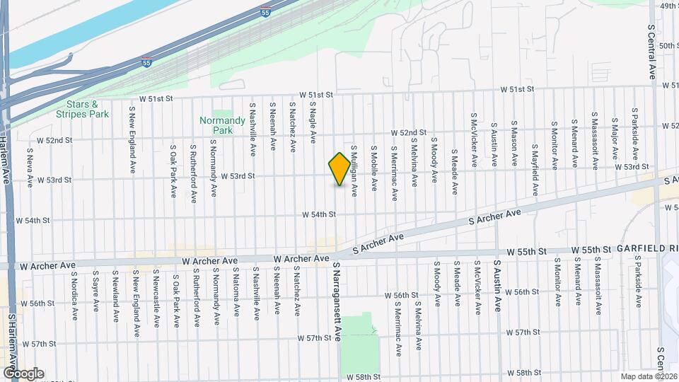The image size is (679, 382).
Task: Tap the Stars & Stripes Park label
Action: [83, 109]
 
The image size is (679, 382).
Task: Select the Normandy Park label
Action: [216, 125]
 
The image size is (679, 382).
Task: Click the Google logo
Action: [23, 373]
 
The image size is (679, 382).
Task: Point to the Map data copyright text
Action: [648, 376]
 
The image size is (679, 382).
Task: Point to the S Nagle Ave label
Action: [312, 118]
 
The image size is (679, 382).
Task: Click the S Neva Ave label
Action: [30, 167]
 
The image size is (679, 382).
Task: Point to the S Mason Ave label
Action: [514, 148]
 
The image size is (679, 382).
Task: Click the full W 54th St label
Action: [318, 214]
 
